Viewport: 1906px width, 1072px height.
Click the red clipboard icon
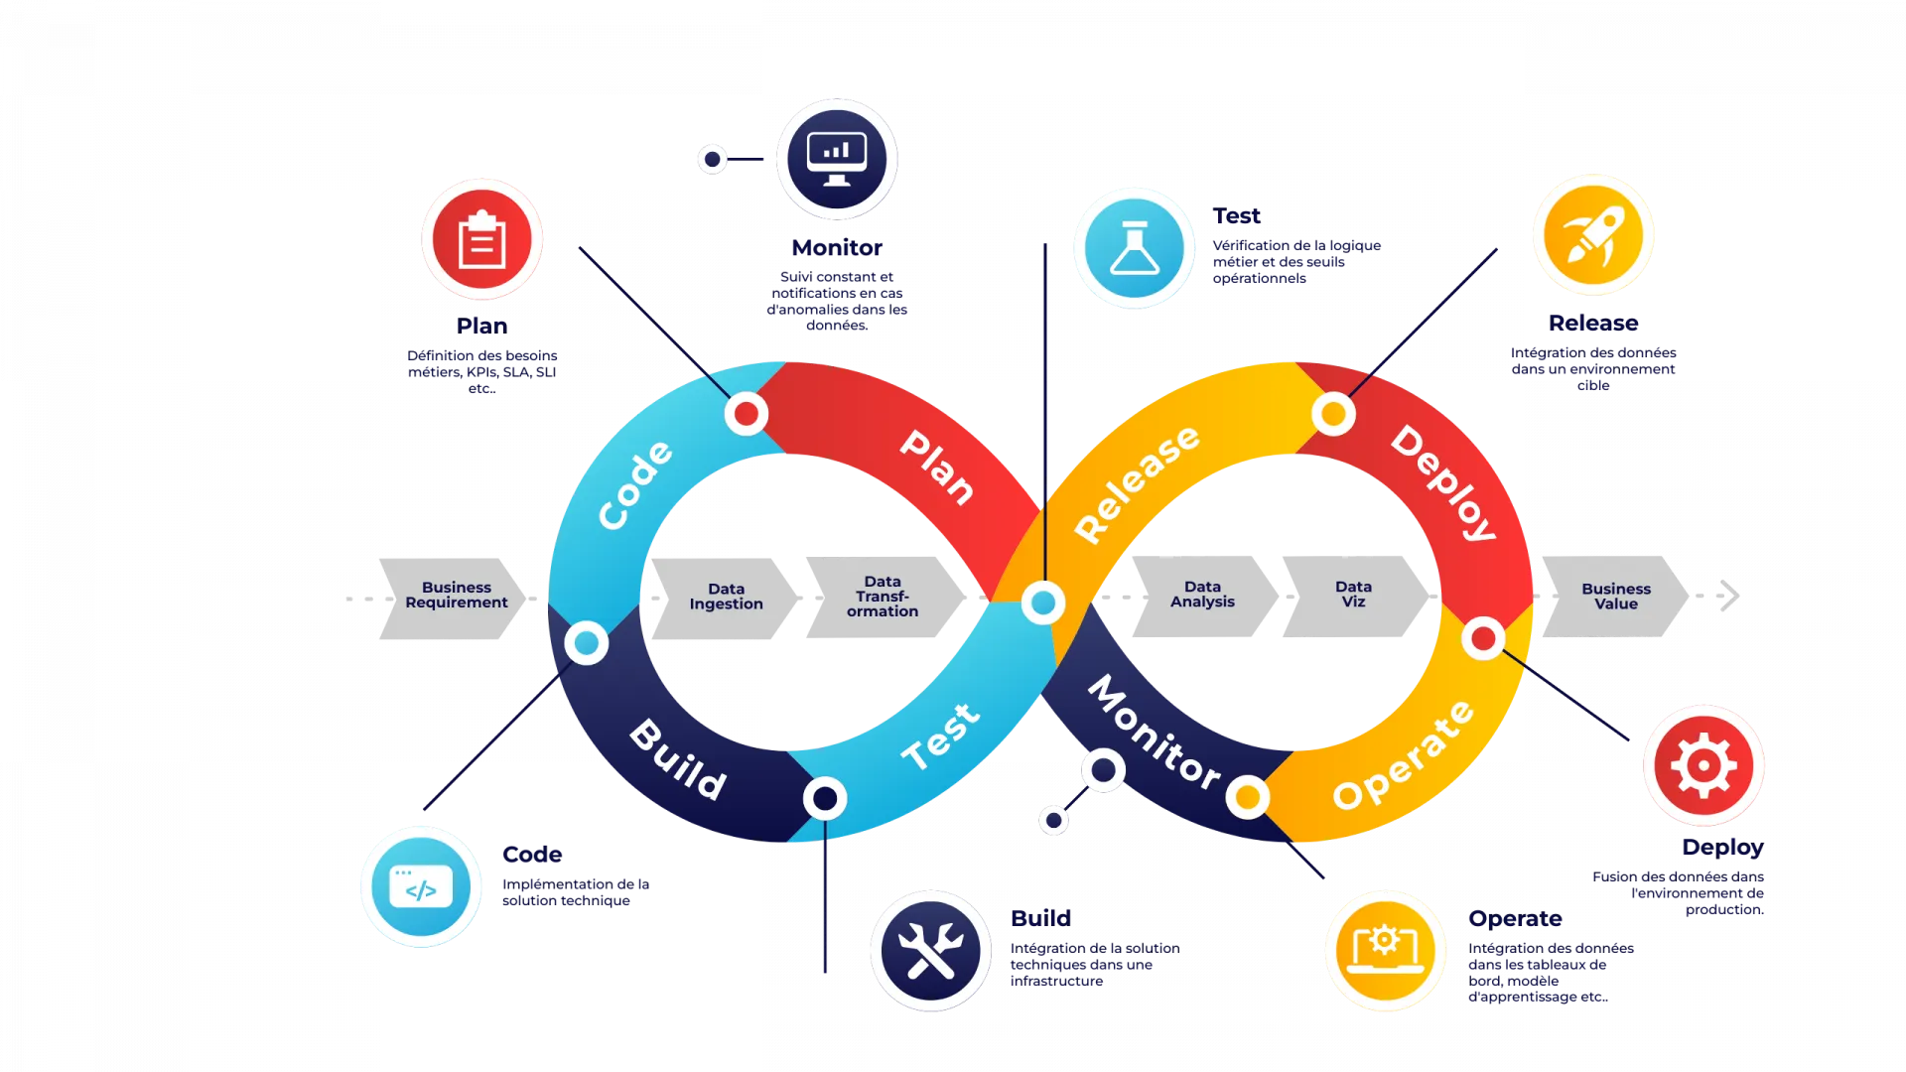coord(481,239)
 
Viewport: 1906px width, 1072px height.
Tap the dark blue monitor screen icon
coord(837,159)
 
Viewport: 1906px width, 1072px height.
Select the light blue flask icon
coord(1134,246)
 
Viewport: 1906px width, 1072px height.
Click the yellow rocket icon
coord(1593,236)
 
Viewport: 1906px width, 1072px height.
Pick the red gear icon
coord(1702,765)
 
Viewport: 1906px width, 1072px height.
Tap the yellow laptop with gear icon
coord(1385,950)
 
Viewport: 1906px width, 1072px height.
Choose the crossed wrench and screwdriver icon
coord(930,950)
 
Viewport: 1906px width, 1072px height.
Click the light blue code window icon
coord(421,886)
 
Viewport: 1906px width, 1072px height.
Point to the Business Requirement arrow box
coord(454,597)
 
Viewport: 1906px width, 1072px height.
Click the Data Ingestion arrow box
coord(726,598)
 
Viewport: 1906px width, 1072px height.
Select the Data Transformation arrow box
coord(883,598)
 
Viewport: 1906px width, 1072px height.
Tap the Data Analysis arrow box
coord(1201,596)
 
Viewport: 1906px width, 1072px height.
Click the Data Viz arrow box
coord(1353,596)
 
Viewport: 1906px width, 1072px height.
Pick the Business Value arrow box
coord(1615,597)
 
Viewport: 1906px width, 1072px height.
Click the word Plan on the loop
coord(936,468)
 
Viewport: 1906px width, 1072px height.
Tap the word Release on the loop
coord(1137,483)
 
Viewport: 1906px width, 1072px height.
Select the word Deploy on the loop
coord(1443,482)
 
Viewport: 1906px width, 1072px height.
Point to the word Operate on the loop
coord(1403,755)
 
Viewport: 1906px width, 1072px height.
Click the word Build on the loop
coord(678,759)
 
